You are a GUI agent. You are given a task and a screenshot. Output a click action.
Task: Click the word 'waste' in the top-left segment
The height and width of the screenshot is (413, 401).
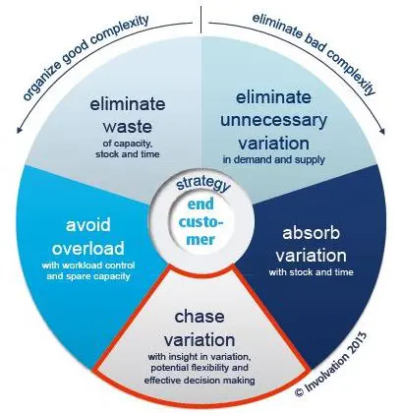pyautogui.click(x=128, y=127)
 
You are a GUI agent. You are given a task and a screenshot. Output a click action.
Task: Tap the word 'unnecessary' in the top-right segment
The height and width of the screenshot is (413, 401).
pyautogui.click(x=273, y=120)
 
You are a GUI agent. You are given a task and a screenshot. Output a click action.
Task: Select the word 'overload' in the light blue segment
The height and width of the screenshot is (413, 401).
pyautogui.click(x=88, y=248)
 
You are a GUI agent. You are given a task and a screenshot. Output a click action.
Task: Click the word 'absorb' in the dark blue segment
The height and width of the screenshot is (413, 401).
pyautogui.click(x=311, y=233)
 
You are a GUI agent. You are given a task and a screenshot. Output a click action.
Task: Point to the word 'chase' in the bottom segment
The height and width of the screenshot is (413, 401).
pyautogui.click(x=200, y=317)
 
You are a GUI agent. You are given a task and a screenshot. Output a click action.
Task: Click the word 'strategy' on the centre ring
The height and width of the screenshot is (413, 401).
pyautogui.click(x=203, y=185)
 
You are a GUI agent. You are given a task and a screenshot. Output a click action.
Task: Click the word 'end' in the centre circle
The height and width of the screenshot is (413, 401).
pyautogui.click(x=200, y=205)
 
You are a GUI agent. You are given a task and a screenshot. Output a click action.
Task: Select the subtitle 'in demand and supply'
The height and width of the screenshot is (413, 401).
pyautogui.click(x=273, y=160)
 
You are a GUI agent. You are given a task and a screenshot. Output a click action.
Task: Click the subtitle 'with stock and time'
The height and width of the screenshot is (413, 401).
pyautogui.click(x=311, y=272)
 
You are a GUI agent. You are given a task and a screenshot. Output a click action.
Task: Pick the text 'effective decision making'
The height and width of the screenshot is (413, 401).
pyautogui.click(x=200, y=381)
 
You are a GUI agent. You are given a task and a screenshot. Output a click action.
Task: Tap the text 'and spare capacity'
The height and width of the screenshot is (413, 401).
pyautogui.click(x=88, y=276)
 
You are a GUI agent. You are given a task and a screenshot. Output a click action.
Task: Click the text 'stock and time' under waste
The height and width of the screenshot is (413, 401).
pyautogui.click(x=128, y=153)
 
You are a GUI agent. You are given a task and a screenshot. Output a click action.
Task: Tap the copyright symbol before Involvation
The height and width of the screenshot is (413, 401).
pyautogui.click(x=299, y=391)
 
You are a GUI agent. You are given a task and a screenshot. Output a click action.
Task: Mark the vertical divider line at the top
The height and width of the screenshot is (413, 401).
pyautogui.click(x=200, y=20)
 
